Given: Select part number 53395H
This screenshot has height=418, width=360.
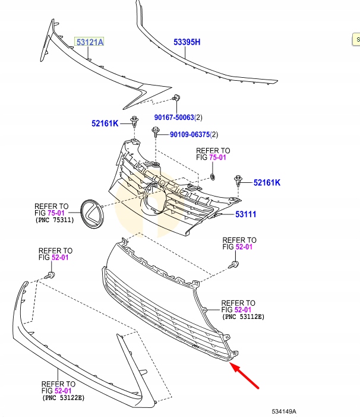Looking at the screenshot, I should coord(187,42).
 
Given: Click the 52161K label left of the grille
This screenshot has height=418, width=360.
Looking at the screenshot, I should coord(105,123).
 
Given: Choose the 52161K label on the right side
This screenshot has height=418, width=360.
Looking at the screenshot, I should coord(267,182).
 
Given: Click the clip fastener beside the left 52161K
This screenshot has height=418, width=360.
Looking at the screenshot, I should coord(135,121).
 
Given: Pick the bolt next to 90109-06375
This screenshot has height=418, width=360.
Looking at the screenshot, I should coord(156,135).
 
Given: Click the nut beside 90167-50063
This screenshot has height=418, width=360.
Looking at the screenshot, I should coord(176,99).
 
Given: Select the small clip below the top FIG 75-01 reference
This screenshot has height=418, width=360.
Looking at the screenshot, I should coord(213,177).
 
